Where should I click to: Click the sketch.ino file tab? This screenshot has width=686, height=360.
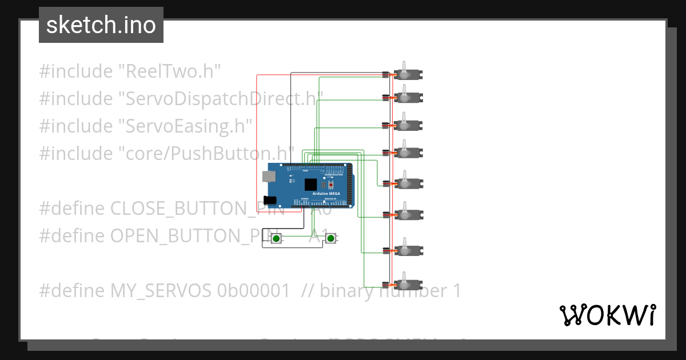(101, 25)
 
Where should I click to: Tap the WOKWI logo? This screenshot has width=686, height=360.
(607, 315)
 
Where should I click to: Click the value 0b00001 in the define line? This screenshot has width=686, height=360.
(253, 291)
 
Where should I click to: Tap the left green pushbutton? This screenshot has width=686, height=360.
(276, 238)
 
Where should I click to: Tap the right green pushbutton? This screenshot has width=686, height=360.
(330, 238)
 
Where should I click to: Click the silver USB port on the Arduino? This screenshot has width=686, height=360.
(268, 175)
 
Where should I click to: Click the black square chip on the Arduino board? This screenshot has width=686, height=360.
(310, 185)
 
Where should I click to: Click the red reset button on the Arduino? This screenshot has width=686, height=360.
(330, 185)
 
